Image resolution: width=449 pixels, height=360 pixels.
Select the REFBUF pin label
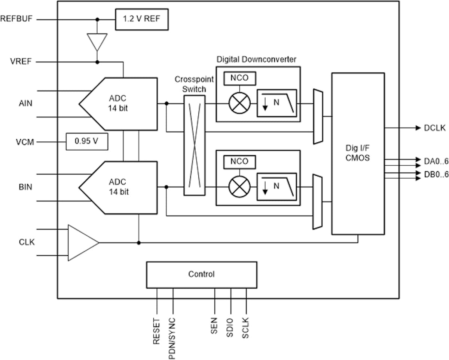(16, 19)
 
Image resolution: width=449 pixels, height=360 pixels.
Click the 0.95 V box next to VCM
(87, 141)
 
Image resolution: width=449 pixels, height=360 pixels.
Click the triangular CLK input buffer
(81, 243)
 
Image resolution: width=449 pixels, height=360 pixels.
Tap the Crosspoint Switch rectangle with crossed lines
(195, 145)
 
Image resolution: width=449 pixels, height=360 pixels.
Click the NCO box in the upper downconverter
(239, 78)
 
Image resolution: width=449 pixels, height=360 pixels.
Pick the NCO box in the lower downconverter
(239, 161)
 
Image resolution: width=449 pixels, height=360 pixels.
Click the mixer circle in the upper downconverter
(239, 103)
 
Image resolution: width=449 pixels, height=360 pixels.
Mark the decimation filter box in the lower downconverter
(277, 187)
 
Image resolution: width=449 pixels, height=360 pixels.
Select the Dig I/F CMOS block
(358, 153)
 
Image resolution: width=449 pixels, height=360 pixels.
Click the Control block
(201, 274)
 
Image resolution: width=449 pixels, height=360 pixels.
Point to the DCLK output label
(435, 128)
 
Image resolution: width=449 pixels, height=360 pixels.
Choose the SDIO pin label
(230, 328)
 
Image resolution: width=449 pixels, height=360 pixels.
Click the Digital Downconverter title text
(256, 59)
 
